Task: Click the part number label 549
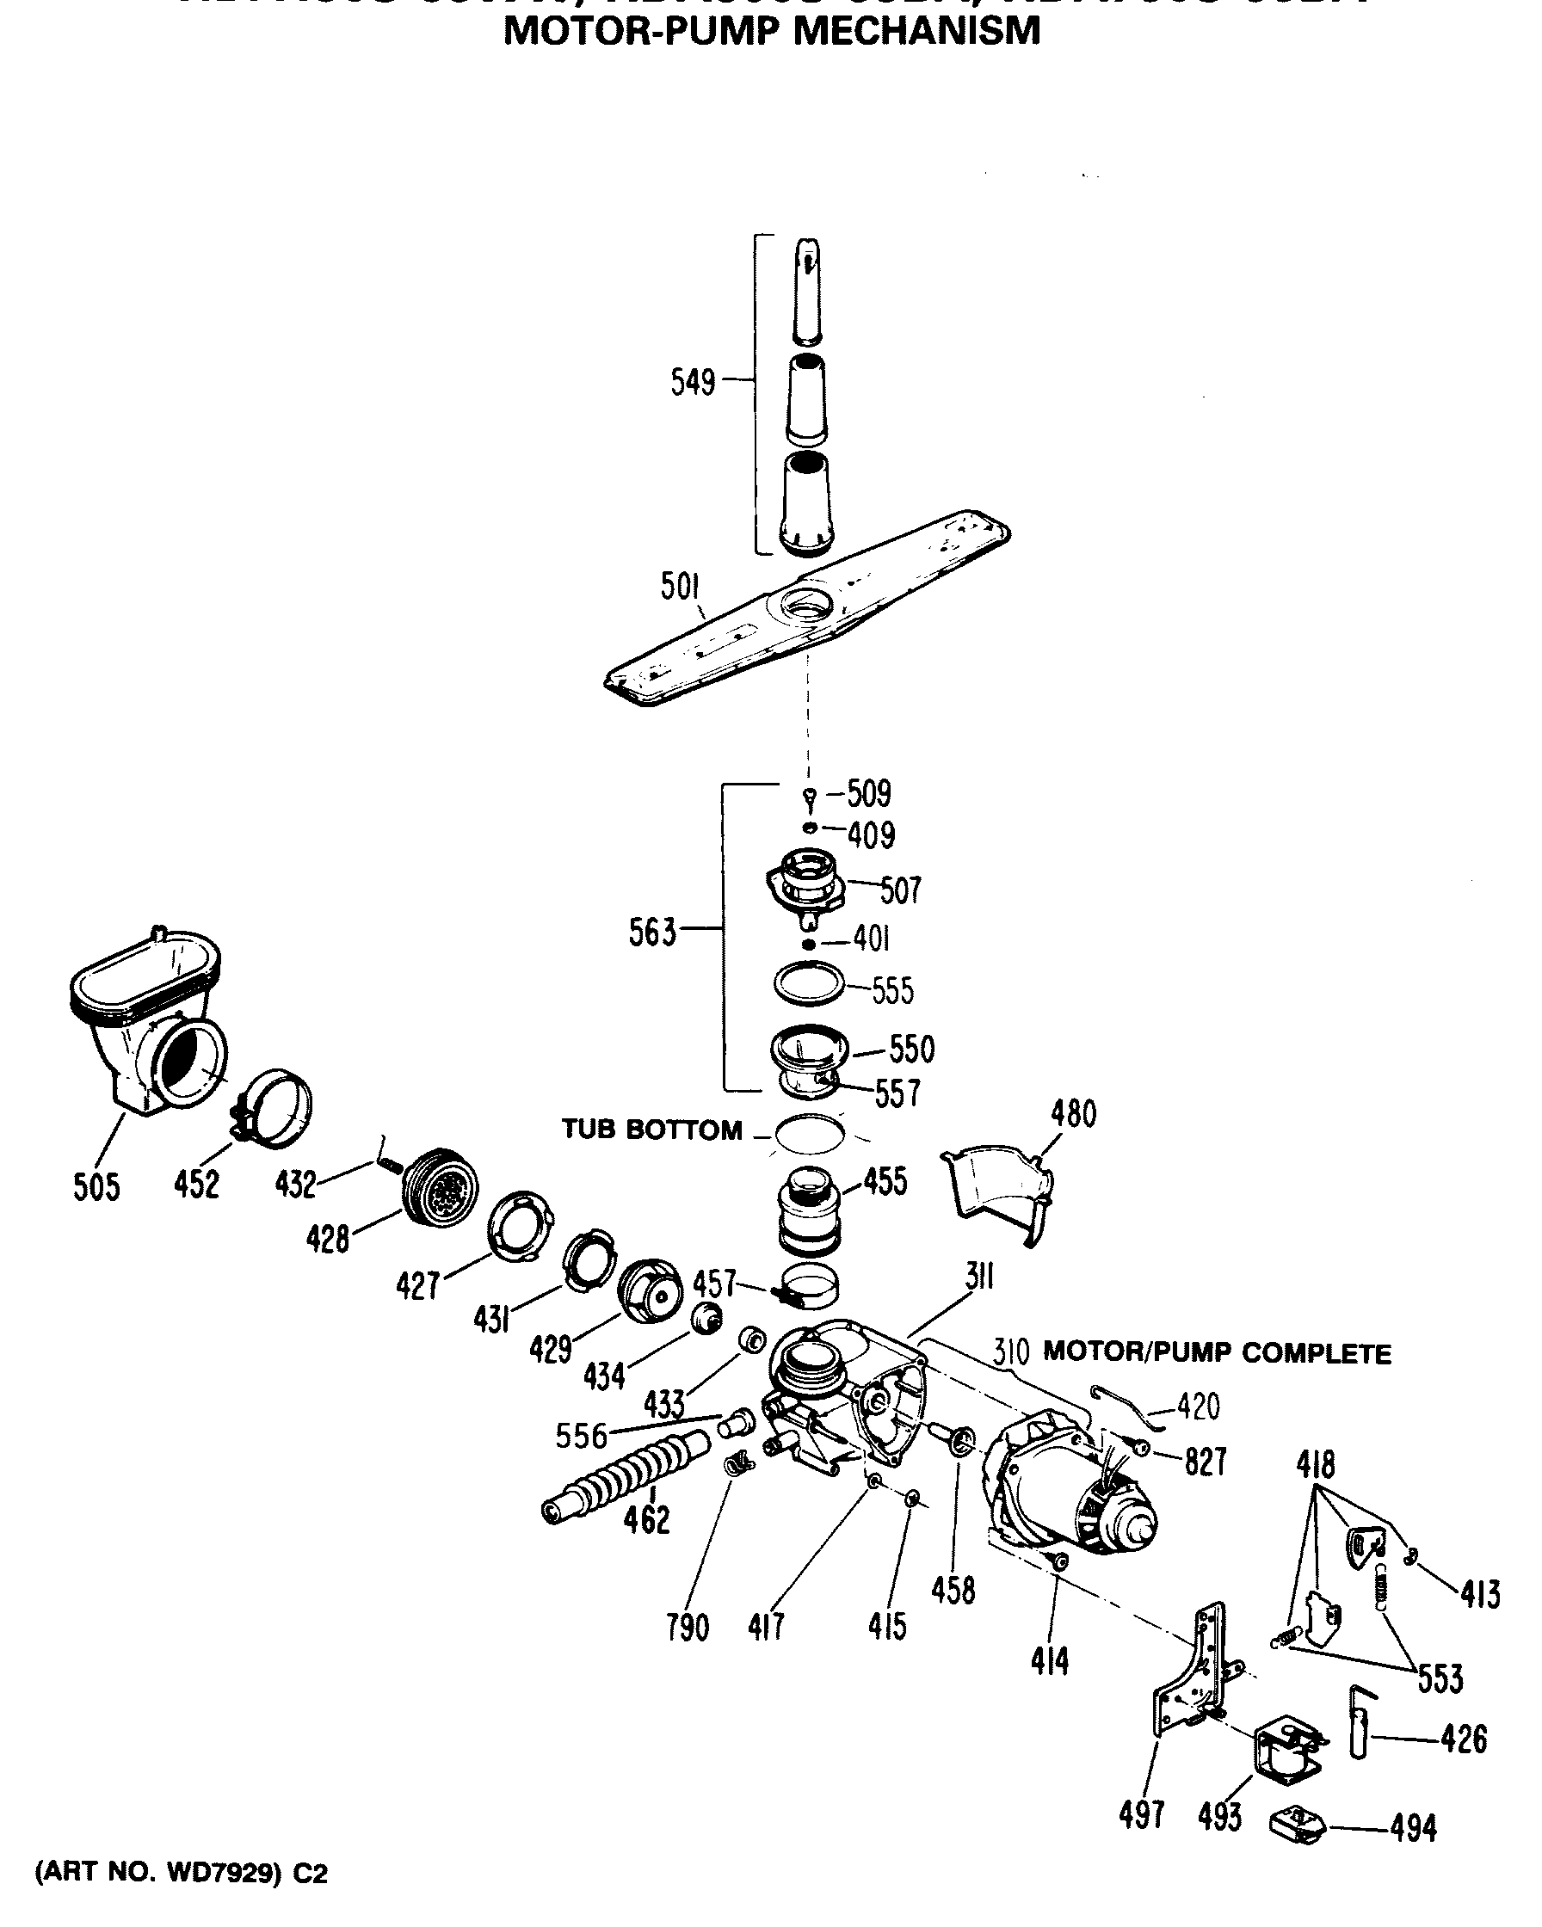tap(693, 383)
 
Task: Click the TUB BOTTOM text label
tap(651, 1130)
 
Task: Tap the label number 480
tap(1074, 1115)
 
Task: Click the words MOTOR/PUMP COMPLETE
tap(1217, 1354)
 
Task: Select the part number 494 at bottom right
tap(1413, 1829)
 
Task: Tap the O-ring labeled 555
tap(808, 984)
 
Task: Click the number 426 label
tap(1464, 1739)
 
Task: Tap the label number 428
tap(327, 1239)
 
